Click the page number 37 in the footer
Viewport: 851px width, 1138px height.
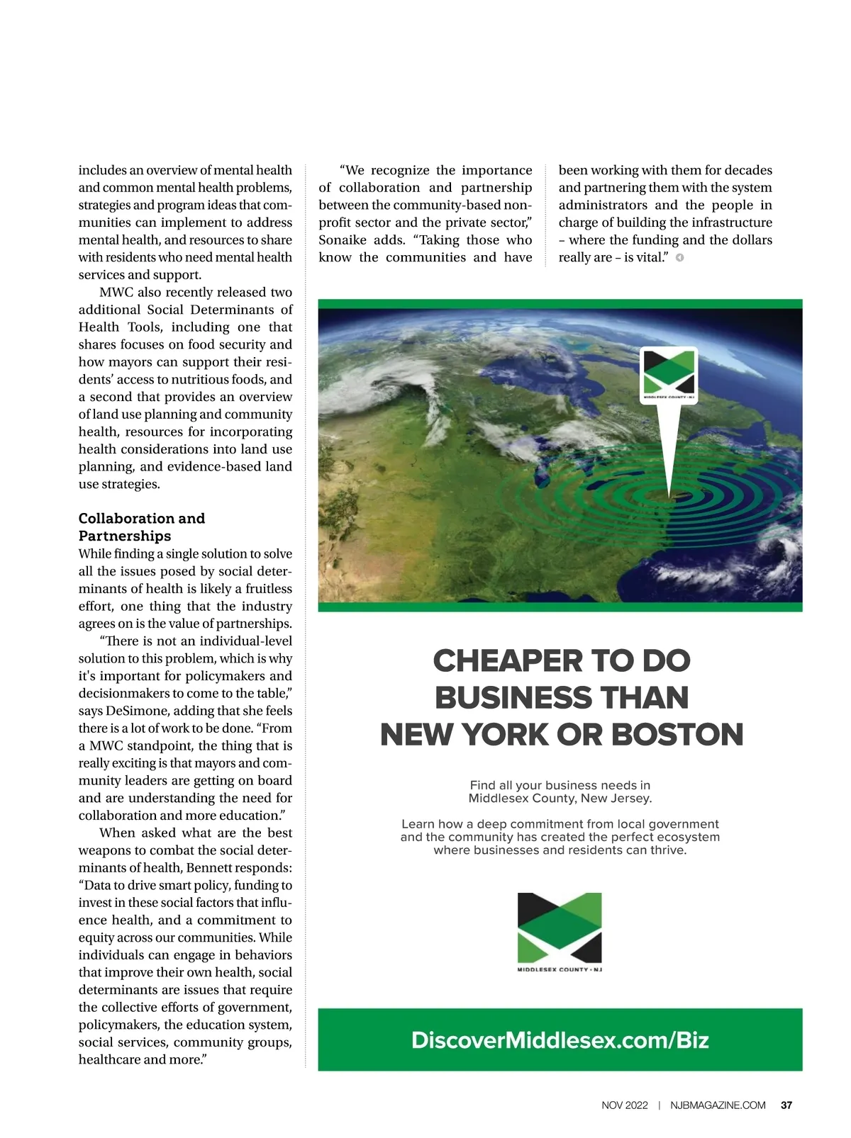point(786,1105)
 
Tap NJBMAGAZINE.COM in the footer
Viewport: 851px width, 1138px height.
point(718,1105)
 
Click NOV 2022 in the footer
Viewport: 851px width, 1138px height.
point(624,1105)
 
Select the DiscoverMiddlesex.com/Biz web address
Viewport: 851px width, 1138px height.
point(560,1040)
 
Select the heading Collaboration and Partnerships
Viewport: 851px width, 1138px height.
point(141,527)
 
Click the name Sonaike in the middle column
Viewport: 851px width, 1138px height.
point(343,240)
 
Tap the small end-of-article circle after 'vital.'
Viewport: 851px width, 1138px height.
point(679,258)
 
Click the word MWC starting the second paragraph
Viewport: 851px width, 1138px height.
point(116,292)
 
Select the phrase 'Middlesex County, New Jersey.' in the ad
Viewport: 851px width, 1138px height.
point(560,799)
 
